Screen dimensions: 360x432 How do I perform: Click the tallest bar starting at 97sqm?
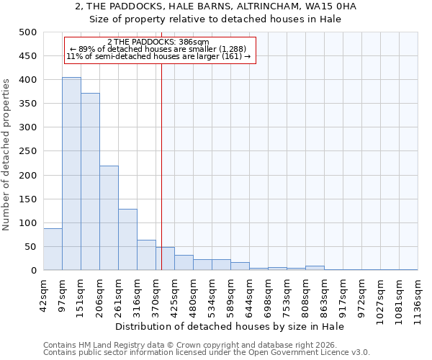pos(71,174)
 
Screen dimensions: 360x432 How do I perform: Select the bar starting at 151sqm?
pos(90,181)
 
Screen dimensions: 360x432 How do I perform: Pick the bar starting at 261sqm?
pos(127,240)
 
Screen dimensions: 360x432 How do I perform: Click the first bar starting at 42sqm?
pos(53,249)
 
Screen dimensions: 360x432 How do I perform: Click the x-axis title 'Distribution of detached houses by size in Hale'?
pos(230,326)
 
